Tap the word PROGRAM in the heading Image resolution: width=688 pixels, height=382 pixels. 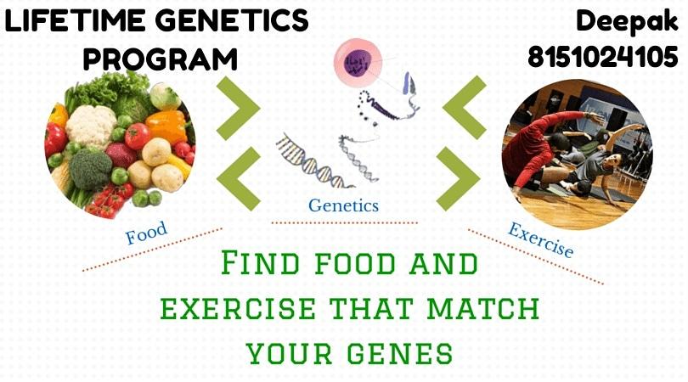click(x=161, y=59)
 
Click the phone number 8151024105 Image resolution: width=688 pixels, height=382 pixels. click(x=603, y=57)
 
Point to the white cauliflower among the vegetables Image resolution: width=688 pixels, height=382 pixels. click(x=91, y=126)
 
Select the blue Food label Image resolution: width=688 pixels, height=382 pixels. click(x=147, y=233)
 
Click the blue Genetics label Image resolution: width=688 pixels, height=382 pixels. click(x=343, y=205)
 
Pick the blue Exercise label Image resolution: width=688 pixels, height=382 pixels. click(x=540, y=240)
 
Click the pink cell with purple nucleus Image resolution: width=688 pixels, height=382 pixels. click(x=358, y=62)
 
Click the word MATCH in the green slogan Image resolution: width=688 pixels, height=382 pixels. click(x=483, y=308)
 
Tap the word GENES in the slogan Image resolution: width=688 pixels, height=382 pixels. click(x=400, y=353)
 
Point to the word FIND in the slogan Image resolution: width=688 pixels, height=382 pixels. click(x=260, y=262)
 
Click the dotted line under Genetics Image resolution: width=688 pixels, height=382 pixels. click(x=345, y=223)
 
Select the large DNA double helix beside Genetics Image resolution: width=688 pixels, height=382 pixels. click(x=314, y=160)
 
